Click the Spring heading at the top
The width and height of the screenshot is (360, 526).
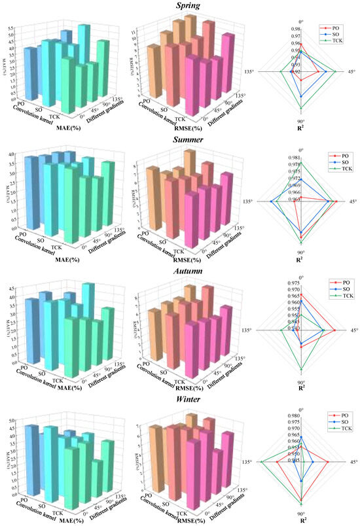coord(179,6)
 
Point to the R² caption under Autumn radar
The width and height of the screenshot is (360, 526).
coord(301,389)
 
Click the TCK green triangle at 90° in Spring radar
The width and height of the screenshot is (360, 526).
coord(301,108)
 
